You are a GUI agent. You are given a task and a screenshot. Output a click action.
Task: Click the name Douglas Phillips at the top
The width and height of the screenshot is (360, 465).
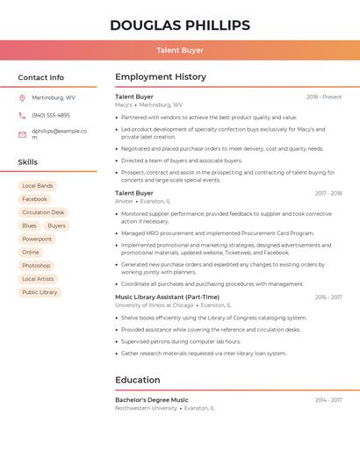180,25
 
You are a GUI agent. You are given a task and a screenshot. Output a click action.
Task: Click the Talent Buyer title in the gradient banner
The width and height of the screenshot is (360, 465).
180,51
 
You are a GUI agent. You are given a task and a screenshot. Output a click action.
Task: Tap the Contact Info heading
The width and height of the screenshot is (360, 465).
41,77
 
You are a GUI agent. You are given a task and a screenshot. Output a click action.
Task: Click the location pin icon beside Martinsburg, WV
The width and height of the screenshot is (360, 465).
22,97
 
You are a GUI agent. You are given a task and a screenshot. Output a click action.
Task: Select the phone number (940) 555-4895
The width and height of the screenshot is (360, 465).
51,115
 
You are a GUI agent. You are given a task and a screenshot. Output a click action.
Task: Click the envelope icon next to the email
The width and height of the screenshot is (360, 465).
22,134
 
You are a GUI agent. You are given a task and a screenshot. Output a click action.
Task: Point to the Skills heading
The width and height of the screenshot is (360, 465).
28,162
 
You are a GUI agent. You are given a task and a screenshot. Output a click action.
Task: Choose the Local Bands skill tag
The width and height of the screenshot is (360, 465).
38,186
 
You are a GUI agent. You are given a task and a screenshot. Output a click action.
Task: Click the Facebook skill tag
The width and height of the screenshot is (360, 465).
34,199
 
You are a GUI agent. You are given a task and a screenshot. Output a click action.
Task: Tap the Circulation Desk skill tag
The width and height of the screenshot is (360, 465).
43,212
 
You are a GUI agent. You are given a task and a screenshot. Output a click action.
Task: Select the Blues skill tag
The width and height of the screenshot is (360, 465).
30,225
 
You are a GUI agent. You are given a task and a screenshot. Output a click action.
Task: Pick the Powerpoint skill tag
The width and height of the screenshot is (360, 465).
37,239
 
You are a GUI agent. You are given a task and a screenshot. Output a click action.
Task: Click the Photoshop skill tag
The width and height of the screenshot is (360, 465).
36,265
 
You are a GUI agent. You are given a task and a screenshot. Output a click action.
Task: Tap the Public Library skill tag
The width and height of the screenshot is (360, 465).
40,292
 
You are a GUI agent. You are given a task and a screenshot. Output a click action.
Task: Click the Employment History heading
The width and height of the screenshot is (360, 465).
161,77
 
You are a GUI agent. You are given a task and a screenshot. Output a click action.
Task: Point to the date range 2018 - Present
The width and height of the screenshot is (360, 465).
324,97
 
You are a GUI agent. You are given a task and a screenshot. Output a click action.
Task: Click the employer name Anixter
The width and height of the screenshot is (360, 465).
124,201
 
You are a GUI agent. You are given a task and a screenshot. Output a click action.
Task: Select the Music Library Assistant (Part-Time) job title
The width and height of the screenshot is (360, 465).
167,297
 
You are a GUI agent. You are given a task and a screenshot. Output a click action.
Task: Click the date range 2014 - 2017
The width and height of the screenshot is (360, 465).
328,400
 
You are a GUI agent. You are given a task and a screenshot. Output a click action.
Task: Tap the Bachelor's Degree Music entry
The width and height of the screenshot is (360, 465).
151,400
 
